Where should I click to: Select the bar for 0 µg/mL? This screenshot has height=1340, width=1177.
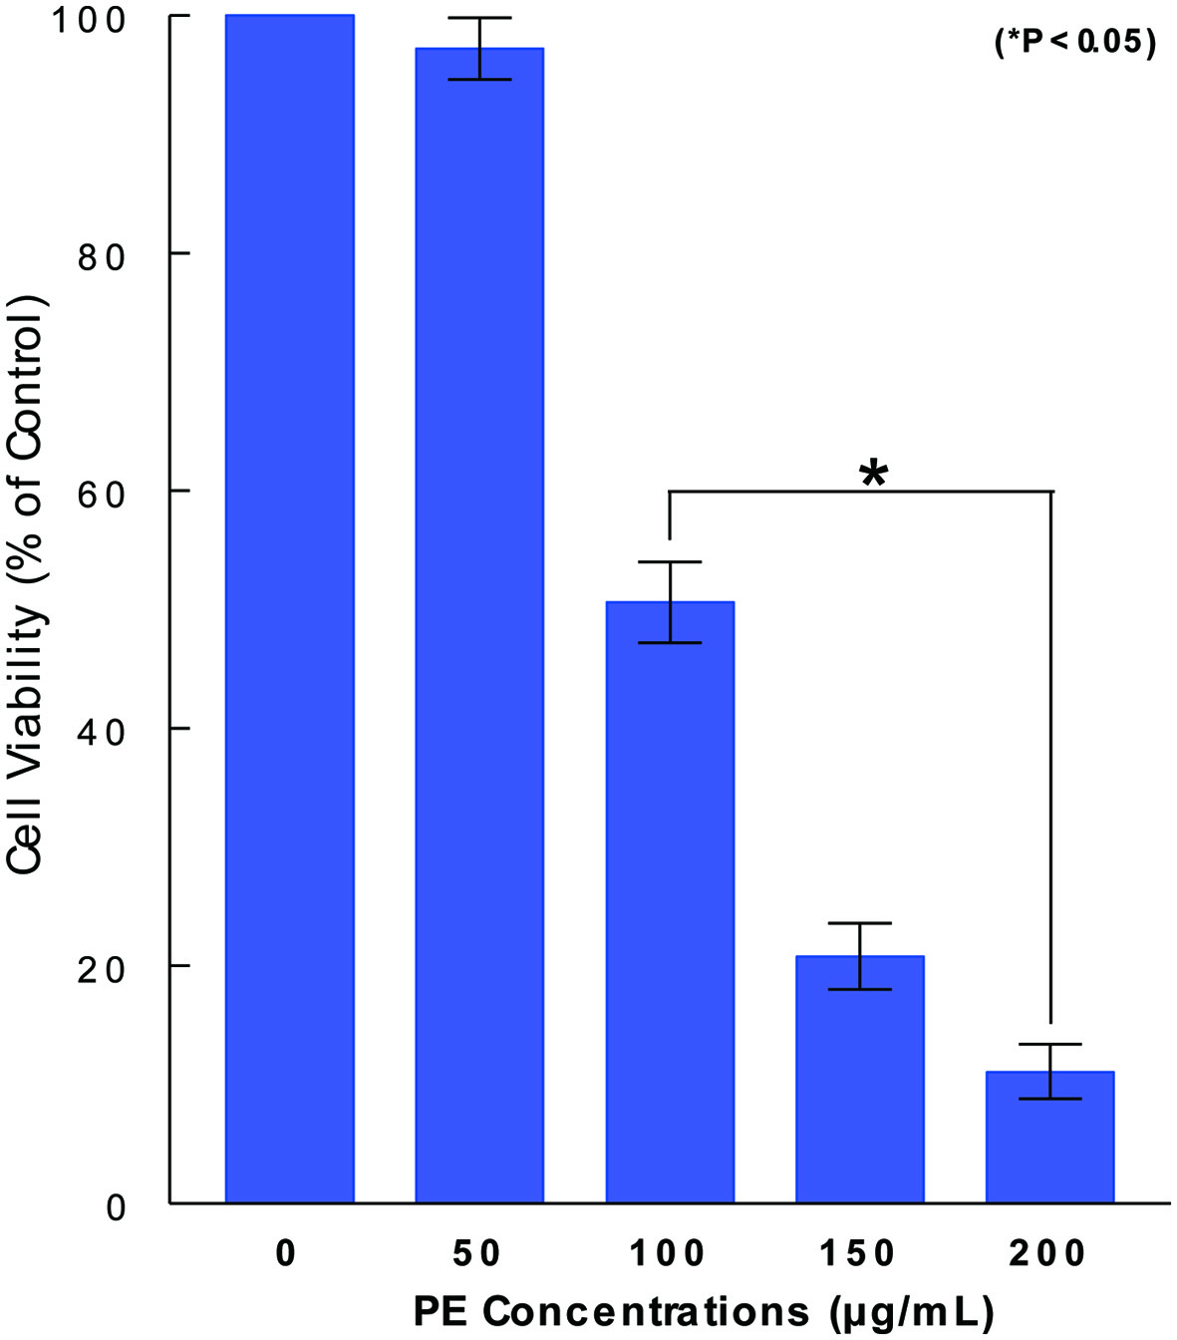click(x=289, y=608)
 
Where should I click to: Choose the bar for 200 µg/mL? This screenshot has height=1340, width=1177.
click(x=1049, y=1137)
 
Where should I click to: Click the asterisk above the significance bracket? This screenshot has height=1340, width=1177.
click(x=873, y=475)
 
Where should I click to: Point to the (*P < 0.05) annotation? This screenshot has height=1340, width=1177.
click(x=1075, y=42)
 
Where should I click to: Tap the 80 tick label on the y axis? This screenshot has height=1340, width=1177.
click(x=101, y=256)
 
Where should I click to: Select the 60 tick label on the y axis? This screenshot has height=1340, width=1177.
click(x=101, y=494)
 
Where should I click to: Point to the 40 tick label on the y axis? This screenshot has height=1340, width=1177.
click(x=101, y=731)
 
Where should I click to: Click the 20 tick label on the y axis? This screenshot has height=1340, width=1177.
click(x=101, y=968)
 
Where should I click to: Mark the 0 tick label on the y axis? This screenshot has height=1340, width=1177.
click(x=116, y=1206)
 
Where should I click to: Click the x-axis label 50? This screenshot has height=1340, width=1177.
click(x=477, y=1253)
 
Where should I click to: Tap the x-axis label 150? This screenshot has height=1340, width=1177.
click(x=858, y=1253)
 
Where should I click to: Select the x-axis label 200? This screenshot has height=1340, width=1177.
click(x=1047, y=1253)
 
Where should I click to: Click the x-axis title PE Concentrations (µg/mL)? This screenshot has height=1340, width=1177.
click(x=703, y=1310)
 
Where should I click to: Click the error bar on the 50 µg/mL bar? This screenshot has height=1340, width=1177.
click(x=479, y=48)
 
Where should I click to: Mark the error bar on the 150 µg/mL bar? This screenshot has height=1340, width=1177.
click(x=859, y=955)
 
